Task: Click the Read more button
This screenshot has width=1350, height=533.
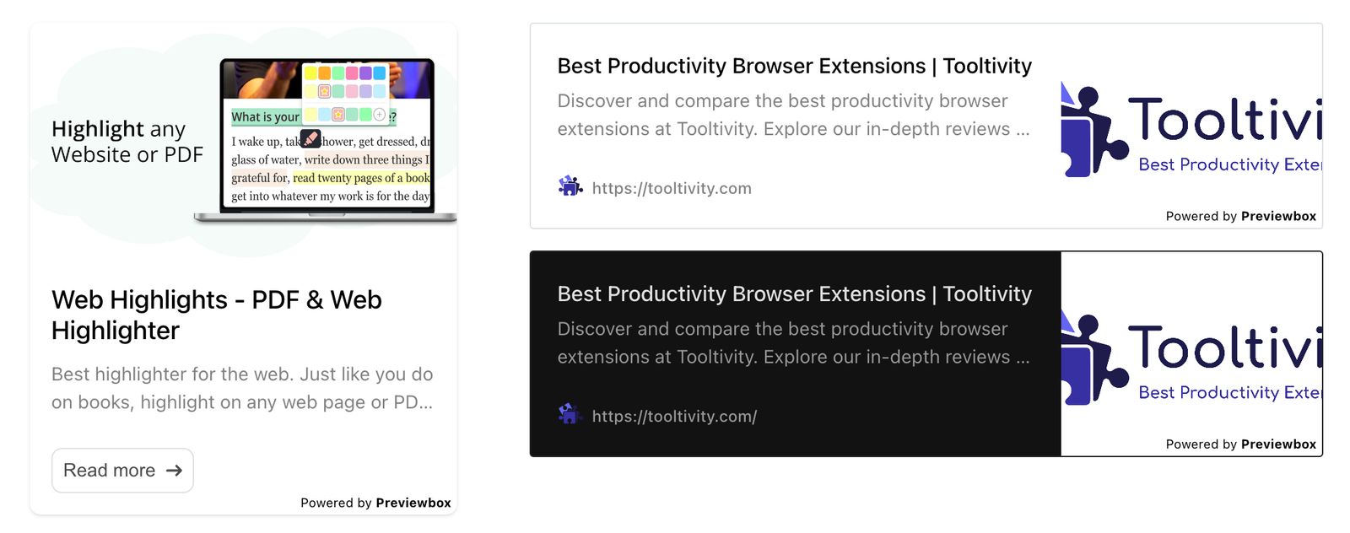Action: pyautogui.click(x=122, y=471)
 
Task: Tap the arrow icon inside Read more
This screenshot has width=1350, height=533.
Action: pyautogui.click(x=175, y=471)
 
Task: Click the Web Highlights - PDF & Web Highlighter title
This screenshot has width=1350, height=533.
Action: pyautogui.click(x=216, y=315)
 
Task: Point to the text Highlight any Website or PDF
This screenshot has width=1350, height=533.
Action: pyautogui.click(x=127, y=142)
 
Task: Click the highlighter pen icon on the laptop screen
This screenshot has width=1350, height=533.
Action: pyautogui.click(x=310, y=138)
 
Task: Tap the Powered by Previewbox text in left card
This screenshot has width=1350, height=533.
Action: pyautogui.click(x=375, y=503)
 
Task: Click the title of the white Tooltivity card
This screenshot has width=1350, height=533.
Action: pyautogui.click(x=794, y=66)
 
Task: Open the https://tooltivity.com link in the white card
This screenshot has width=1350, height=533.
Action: pyautogui.click(x=672, y=188)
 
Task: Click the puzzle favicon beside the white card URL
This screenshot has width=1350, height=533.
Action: pyautogui.click(x=570, y=186)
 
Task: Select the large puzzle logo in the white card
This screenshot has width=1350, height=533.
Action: pyautogui.click(x=1093, y=131)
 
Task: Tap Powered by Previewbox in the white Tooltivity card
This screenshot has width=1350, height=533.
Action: pyautogui.click(x=1240, y=216)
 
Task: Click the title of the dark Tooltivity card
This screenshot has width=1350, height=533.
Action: pyautogui.click(x=794, y=293)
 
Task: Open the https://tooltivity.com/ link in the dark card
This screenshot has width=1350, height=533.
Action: pyautogui.click(x=674, y=416)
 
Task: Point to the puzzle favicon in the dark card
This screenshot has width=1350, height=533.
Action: pyautogui.click(x=570, y=414)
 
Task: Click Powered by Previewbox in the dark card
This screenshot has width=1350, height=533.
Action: pyautogui.click(x=1240, y=444)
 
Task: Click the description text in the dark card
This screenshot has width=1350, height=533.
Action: pyautogui.click(x=793, y=343)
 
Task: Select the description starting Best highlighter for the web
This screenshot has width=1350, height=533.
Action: pyautogui.click(x=242, y=388)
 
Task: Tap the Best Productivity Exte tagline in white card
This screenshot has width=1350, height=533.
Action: pyautogui.click(x=1228, y=164)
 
